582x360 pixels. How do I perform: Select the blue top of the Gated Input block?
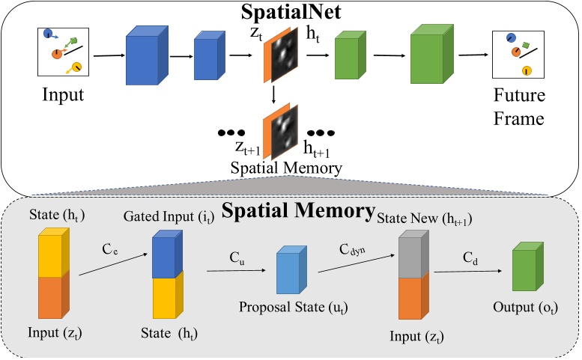pos(166,257)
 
